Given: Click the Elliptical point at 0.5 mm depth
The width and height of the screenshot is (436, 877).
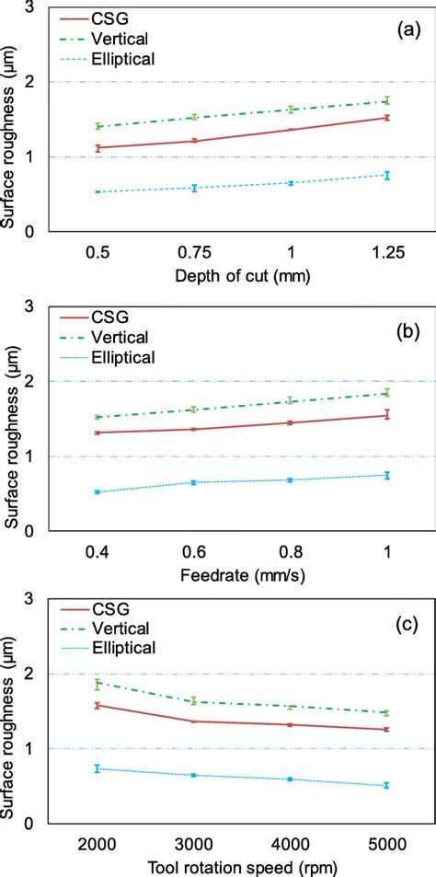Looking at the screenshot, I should [98, 192].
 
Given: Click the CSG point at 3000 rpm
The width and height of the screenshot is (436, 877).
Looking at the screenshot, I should [194, 721].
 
